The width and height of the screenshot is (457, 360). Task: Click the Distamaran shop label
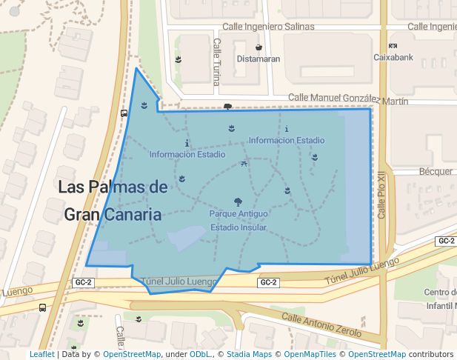point(258,59)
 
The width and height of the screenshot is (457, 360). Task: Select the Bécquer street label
point(436,171)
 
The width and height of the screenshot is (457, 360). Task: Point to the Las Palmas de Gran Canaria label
point(113,201)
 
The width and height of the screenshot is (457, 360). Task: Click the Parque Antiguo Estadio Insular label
point(238,220)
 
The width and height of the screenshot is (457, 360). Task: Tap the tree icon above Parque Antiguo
point(238,201)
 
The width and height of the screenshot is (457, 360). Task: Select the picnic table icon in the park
point(244,164)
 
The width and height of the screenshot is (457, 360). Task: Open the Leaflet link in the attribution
point(41,355)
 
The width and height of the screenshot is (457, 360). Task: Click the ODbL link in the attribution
point(199,355)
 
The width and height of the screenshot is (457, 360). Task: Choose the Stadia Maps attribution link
point(249,355)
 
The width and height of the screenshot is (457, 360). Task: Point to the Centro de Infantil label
point(441,299)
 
